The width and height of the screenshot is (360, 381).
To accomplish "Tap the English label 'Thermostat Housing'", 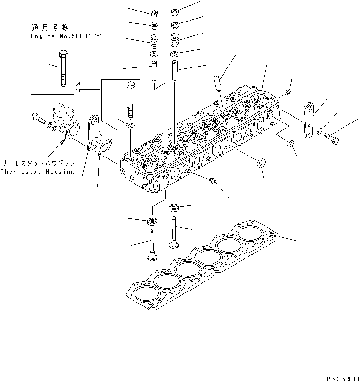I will pos(37,172).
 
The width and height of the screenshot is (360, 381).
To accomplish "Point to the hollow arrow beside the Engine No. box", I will pos(88,87).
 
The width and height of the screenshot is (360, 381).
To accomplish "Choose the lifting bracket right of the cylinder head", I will pos(306,120).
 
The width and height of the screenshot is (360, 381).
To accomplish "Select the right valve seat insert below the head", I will pos(175,208).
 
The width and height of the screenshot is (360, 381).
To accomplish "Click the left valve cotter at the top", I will pos(154,12).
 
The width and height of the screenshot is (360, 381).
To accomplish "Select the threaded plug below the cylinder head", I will pos(214,180).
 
